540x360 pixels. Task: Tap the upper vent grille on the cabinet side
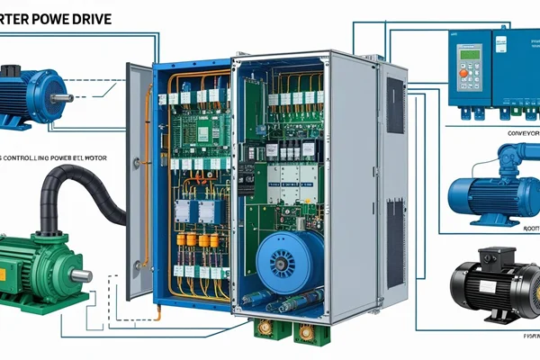(394, 106)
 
